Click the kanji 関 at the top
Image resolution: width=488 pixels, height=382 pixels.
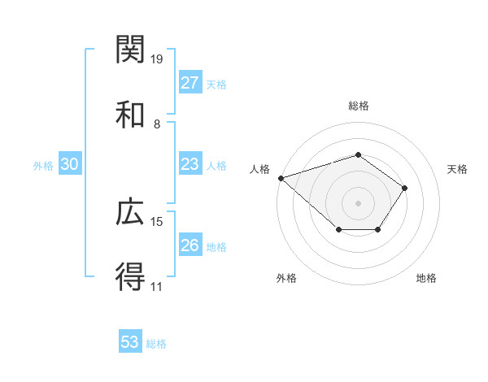pos(131,50)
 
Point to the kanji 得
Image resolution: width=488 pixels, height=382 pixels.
pos(131,277)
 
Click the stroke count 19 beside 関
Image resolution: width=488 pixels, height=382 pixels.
pos(158,59)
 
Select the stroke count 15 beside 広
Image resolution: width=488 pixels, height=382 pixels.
pos(158,222)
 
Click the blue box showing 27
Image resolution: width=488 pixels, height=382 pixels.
pos(190,83)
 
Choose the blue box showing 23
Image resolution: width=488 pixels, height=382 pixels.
pos(190,164)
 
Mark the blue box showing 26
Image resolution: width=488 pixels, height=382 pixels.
pos(190,245)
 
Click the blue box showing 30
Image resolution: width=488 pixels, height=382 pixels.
pos(70,164)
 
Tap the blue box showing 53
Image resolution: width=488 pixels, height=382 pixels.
pos(130,342)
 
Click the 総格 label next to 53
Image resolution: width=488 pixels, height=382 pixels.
pos(156,344)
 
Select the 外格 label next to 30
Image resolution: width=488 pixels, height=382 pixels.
pos(43,166)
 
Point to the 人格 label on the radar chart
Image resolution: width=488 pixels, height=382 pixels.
pos(259,169)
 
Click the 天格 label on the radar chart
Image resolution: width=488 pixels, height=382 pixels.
pos(458,169)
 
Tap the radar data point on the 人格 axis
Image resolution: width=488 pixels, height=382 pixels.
pos(281,177)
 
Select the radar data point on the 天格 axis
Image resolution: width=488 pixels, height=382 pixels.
pos(405,188)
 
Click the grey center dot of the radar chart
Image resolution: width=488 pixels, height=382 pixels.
pos(358,202)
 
